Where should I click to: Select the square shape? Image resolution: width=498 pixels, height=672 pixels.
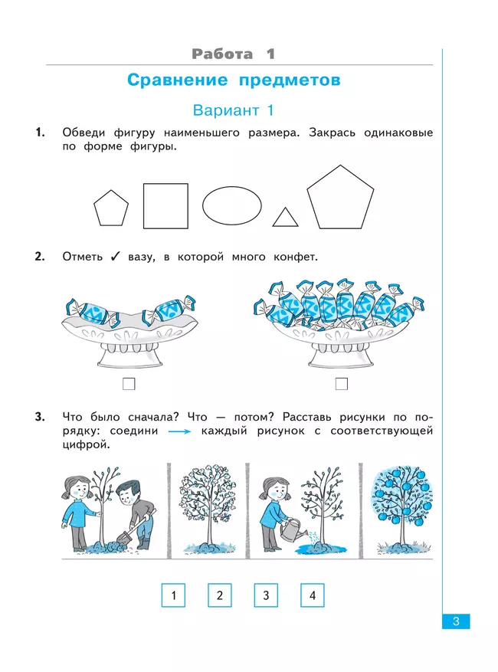pos(165,206)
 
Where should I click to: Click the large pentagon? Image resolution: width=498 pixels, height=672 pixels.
pos(340,199)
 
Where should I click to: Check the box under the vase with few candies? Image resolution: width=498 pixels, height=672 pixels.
pos(129,383)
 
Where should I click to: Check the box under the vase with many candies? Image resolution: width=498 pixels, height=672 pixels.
pos(342,383)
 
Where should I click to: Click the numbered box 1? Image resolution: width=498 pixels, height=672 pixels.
pos(174,595)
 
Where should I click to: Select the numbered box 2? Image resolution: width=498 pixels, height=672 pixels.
pos(220,595)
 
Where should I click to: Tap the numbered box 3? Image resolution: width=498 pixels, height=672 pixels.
pos(266,595)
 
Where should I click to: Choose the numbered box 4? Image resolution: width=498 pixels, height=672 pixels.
pos(312,595)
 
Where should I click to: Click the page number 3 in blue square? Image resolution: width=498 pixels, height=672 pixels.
pos(455,621)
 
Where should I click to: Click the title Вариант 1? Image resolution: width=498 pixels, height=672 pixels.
pos(233,110)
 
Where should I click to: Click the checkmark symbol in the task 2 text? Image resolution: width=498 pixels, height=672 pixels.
pos(113,257)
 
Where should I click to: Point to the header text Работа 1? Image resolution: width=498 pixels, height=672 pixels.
pos(233,54)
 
